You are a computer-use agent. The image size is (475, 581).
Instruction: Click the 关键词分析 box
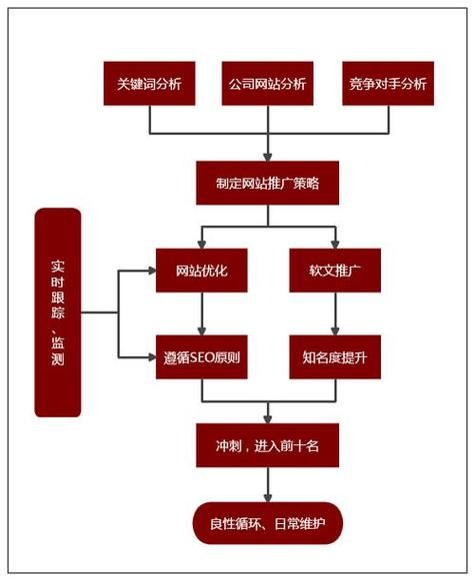coord(149,83)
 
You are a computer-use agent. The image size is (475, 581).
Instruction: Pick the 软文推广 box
coord(335,271)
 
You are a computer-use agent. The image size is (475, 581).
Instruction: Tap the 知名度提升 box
coord(335,356)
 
